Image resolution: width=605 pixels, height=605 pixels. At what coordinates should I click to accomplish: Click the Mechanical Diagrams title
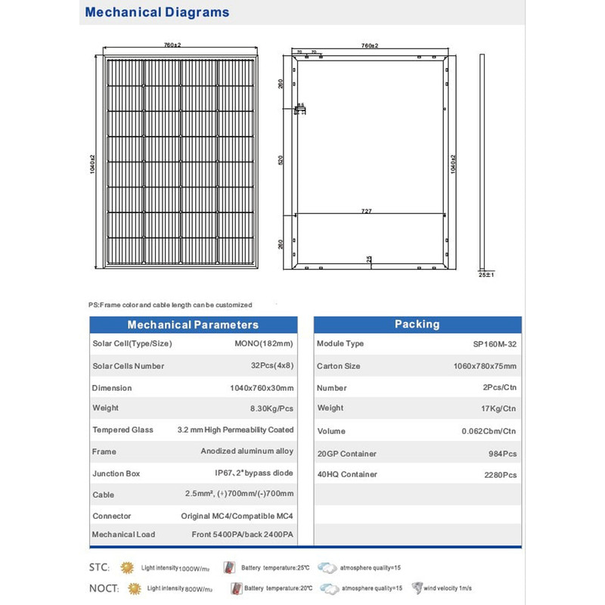tap(157, 13)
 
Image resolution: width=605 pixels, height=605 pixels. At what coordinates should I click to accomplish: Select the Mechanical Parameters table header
tap(193, 324)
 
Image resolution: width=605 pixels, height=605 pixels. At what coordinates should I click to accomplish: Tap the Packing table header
tap(417, 324)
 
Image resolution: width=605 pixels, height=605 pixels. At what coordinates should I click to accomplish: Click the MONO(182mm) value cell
tap(263, 344)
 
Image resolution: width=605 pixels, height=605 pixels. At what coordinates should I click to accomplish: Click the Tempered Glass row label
tap(123, 430)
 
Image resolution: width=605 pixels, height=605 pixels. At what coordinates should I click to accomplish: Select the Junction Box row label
tap(117, 473)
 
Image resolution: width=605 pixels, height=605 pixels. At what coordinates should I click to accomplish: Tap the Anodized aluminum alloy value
tap(247, 451)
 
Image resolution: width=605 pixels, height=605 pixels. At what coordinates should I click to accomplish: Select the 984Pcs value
tap(502, 454)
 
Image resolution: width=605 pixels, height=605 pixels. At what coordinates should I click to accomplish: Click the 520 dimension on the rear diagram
tap(281, 161)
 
